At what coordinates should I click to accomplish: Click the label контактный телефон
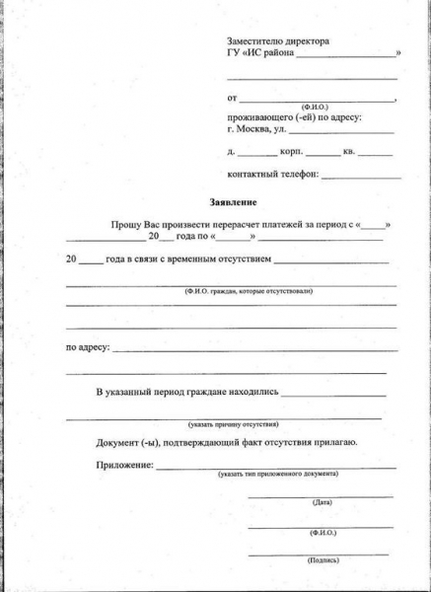click(273, 174)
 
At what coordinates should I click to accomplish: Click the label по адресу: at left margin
click(88, 348)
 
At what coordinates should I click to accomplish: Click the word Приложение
click(123, 465)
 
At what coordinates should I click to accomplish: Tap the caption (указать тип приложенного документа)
click(279, 475)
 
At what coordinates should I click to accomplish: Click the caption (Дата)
click(322, 502)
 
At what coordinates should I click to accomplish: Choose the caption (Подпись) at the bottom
click(323, 558)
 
